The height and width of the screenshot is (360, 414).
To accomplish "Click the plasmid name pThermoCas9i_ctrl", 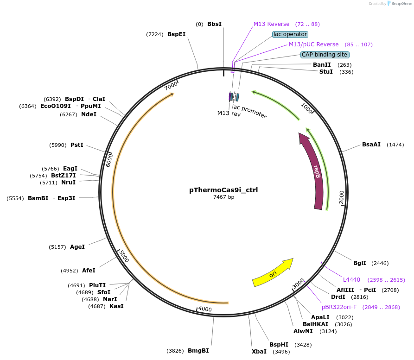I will tap(223, 190).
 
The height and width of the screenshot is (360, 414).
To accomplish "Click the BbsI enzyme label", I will tap(214, 24).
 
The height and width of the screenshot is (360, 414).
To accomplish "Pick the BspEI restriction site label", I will tap(176, 34).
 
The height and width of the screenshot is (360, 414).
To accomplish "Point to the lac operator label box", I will tap(290, 34).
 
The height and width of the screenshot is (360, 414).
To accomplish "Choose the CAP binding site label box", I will tap(325, 55).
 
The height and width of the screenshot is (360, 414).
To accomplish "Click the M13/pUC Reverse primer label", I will tap(314, 44).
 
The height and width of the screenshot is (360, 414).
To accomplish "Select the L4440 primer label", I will tap(351, 280).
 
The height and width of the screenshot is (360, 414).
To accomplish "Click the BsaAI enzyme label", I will tap(371, 145).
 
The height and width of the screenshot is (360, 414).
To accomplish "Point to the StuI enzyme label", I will tap(326, 72).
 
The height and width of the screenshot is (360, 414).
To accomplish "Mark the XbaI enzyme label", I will tap(259, 352).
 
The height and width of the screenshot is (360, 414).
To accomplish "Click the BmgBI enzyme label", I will tap(198, 351).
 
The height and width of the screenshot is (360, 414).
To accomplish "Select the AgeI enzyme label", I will tap(77, 247).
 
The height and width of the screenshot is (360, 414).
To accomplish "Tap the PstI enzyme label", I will tap(77, 145).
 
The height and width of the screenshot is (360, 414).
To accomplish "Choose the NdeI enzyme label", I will tap(89, 114).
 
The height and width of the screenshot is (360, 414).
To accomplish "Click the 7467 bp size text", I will tap(223, 197).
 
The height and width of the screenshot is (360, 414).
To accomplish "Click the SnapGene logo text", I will tap(401, 3).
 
